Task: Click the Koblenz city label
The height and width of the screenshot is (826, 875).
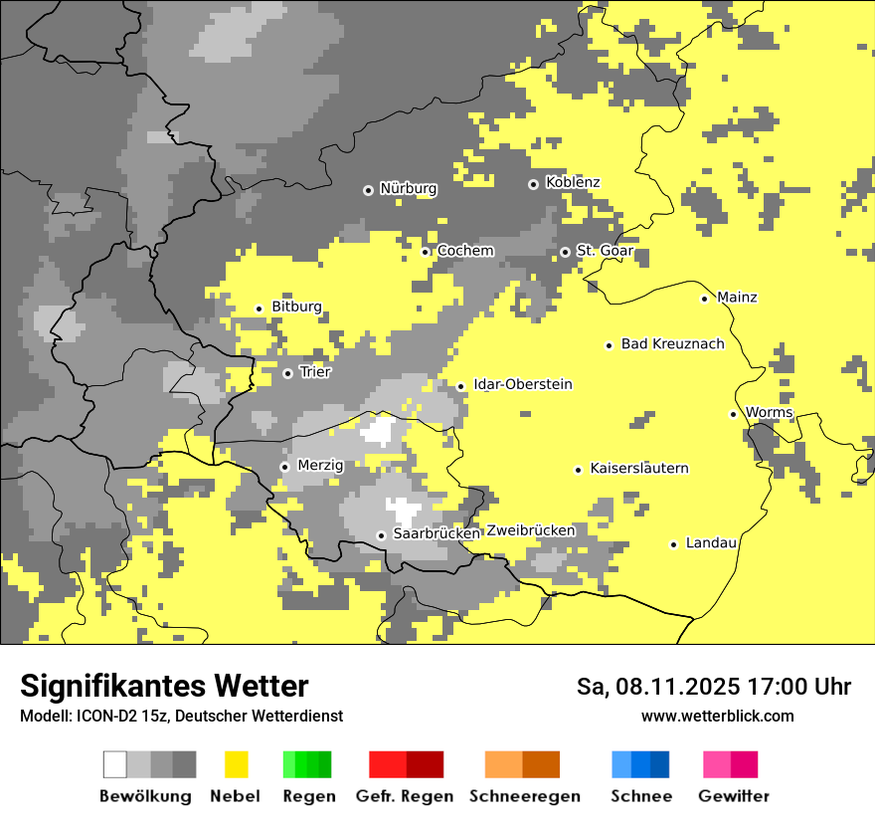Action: coord(573,183)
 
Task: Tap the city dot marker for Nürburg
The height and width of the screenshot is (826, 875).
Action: coord(368,189)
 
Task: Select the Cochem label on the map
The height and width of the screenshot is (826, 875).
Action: coord(465,251)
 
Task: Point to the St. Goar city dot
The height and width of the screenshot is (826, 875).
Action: coord(565,252)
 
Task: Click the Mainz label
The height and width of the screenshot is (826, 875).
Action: coord(737,298)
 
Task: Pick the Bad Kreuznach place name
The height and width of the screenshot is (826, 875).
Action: coord(672,344)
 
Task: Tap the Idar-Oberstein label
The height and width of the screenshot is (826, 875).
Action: coord(523,385)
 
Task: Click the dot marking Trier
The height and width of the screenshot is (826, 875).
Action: coord(287,373)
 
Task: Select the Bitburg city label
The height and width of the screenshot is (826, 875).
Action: coord(296,308)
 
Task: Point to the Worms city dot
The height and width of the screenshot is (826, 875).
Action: coord(733,414)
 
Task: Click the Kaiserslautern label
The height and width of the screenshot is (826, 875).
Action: coord(639,469)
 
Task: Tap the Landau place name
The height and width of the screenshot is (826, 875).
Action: coord(711,543)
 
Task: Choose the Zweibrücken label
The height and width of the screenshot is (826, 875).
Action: coord(530,530)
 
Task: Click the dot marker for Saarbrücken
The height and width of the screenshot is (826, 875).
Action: coord(381,535)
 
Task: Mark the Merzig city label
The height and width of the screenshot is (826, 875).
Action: coord(320,466)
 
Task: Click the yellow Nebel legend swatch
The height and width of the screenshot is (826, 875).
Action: coord(236,764)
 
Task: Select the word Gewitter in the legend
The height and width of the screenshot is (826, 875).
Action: coord(733,796)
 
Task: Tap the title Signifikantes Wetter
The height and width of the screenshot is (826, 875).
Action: coord(164,686)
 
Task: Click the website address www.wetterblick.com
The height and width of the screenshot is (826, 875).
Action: coord(717,717)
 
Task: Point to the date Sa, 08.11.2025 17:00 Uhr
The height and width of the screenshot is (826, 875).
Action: coord(713,687)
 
